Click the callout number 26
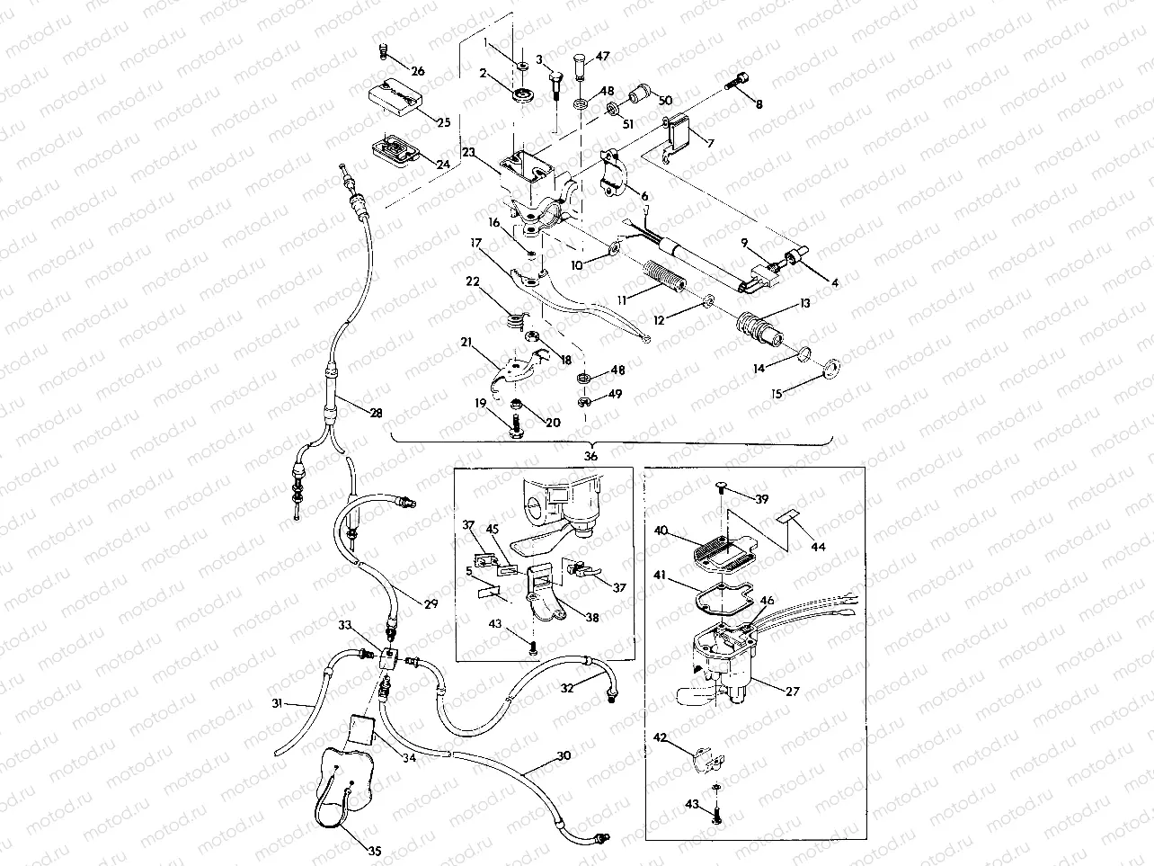pyautogui.click(x=418, y=71)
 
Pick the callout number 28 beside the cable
pyautogui.click(x=376, y=414)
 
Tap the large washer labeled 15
pyautogui.click(x=831, y=364)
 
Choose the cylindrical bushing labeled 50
pyautogui.click(x=642, y=93)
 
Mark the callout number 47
pyautogui.click(x=602, y=57)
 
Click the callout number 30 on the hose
pyautogui.click(x=563, y=757)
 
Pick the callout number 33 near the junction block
pyautogui.click(x=345, y=624)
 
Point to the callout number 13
pyautogui.click(x=803, y=304)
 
